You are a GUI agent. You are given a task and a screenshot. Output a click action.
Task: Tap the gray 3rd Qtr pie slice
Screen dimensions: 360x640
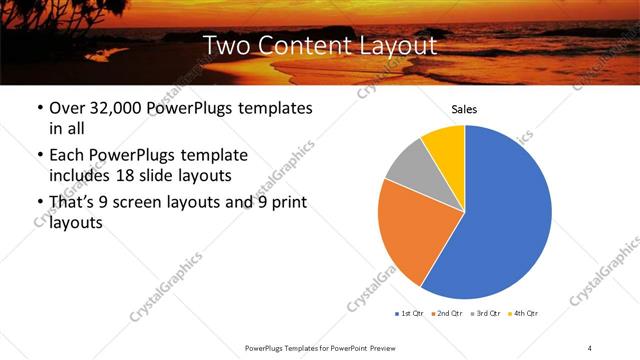point(407,165)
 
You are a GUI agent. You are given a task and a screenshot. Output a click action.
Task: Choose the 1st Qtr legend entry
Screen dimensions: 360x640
point(409,314)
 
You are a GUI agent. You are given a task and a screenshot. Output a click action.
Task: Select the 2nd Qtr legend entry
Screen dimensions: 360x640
point(446,314)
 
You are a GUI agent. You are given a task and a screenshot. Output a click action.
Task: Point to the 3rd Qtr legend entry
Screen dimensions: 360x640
point(484,314)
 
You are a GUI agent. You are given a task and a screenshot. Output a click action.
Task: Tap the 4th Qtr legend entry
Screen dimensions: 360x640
point(522,314)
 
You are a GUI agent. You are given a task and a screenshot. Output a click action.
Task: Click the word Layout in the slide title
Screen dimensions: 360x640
point(398,45)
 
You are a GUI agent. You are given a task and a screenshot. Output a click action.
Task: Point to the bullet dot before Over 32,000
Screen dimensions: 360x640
point(38,109)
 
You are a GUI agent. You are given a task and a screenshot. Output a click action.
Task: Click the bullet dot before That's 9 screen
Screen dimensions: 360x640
point(38,204)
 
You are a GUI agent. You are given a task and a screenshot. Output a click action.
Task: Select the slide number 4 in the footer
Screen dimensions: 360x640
point(589,347)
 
